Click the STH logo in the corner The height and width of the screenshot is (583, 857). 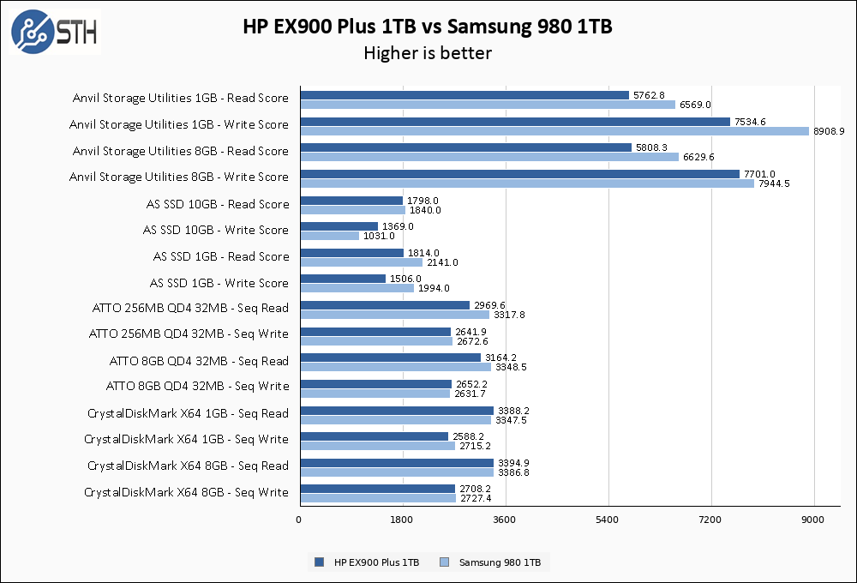coord(54,33)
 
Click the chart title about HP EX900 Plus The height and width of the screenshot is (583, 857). coord(428,27)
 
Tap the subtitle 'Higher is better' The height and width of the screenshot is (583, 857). coord(428,53)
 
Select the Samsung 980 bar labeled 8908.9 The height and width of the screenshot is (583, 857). coord(554,131)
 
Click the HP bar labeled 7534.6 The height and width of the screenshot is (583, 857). coord(515,122)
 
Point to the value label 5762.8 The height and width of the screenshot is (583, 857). coord(650,95)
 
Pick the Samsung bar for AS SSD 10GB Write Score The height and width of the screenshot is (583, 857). coord(330,236)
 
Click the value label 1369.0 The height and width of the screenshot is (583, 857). coord(398,226)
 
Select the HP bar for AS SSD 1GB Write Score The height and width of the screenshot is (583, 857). coord(343,279)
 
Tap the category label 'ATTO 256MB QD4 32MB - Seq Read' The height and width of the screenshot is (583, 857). coord(190,308)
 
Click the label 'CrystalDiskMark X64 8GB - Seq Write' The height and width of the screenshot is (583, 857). coord(186,492)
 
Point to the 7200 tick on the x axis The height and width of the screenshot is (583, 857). coord(711,520)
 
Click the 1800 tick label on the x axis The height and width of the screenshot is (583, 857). coord(403,520)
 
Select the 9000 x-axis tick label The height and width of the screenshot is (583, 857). coord(813,520)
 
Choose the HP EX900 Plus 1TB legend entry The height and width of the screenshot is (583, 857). coord(368,562)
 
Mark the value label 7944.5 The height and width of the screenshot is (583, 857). coord(775,183)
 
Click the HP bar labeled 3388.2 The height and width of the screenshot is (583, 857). coord(397,411)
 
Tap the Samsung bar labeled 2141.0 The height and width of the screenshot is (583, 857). coord(361,262)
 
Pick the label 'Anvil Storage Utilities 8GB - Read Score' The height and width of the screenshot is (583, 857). coord(181,151)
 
